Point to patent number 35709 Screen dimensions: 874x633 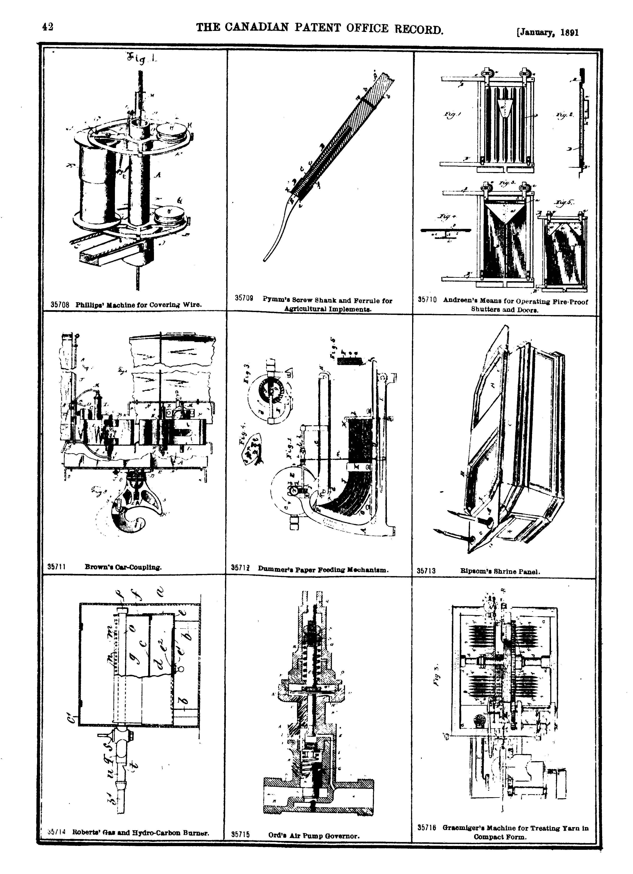coord(244,299)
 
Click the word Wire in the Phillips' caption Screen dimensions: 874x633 coord(191,305)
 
